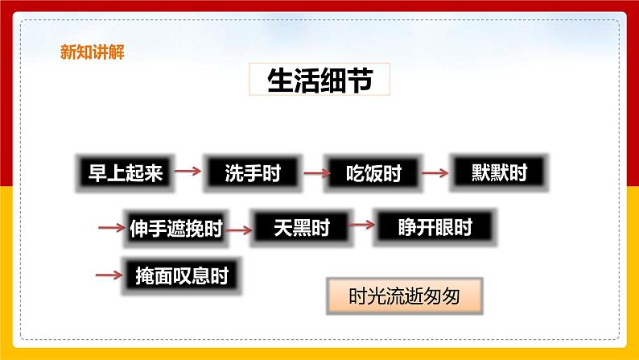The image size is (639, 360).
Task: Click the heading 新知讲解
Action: pos(92,53)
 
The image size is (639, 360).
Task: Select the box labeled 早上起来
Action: pos(125,172)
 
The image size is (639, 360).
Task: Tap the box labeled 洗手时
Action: pos(252,172)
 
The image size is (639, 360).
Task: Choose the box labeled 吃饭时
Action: pos(373,172)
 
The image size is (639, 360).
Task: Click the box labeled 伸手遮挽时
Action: pos(175,229)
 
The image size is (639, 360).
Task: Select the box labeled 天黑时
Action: pos(302,228)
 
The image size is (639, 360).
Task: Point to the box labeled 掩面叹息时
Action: pos(181,275)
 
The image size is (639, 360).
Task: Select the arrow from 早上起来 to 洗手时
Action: pos(188,171)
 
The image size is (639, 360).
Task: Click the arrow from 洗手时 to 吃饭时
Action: pos(312,171)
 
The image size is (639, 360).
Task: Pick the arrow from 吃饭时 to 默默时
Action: pos(435,171)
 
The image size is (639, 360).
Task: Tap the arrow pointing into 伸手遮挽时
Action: pos(109,228)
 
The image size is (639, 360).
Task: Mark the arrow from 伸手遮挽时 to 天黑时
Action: pos(237,230)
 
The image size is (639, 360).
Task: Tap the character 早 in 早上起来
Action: pos(97,172)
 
